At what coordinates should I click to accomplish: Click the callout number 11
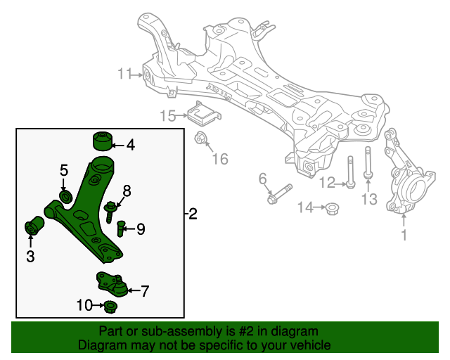click(x=125, y=73)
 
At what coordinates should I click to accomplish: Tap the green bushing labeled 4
click(x=104, y=141)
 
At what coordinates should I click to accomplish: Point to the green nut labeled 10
click(x=110, y=307)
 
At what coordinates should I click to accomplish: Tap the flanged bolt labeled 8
click(x=111, y=210)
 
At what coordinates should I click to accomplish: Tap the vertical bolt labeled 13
click(x=367, y=163)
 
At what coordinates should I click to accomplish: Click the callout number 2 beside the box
click(x=193, y=214)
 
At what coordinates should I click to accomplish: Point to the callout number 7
click(x=146, y=290)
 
